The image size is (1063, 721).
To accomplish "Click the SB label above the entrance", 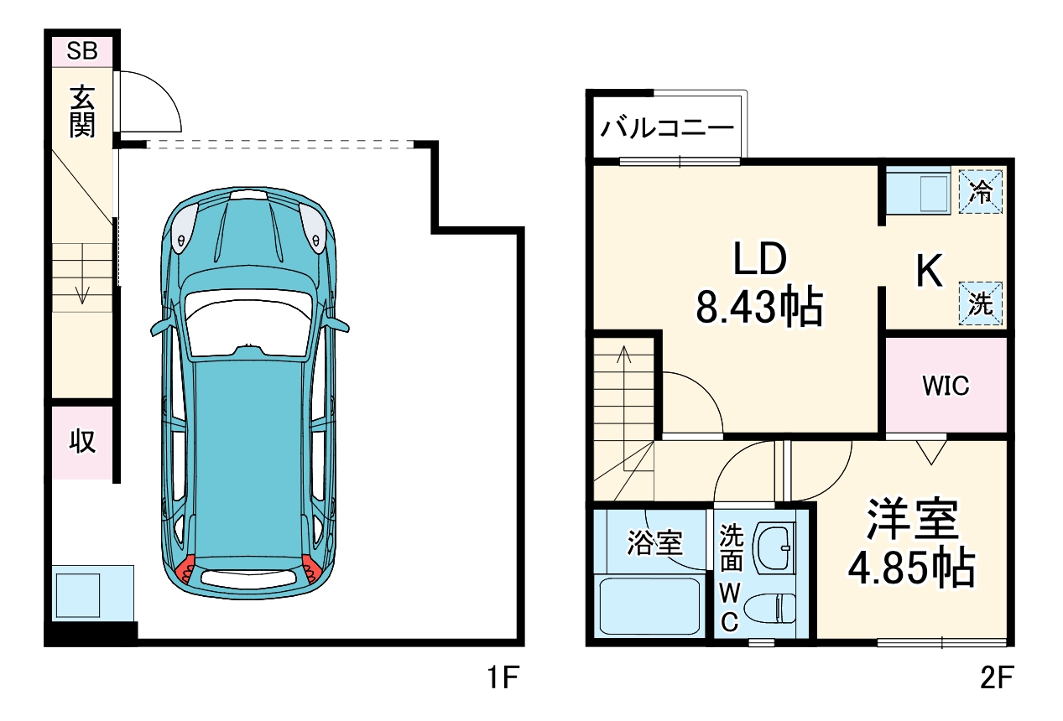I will click(82, 52).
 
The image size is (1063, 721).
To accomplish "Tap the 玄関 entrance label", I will click(82, 112).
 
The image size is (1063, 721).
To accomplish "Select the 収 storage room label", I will click(81, 441).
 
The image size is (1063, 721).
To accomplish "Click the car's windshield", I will click(250, 323).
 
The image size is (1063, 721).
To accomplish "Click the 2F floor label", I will click(996, 677).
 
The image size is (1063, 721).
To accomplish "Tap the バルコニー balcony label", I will click(668, 130).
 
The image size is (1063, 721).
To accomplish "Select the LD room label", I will click(759, 260).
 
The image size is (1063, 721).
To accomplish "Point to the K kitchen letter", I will click(929, 271).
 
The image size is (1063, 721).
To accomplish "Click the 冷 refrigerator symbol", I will click(980, 192).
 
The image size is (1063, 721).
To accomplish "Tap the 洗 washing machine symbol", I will click(980, 303).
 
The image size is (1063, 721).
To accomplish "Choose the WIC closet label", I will click(946, 386).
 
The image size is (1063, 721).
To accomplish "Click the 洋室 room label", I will click(912, 521).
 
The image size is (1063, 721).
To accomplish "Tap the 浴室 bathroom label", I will click(654, 543).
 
